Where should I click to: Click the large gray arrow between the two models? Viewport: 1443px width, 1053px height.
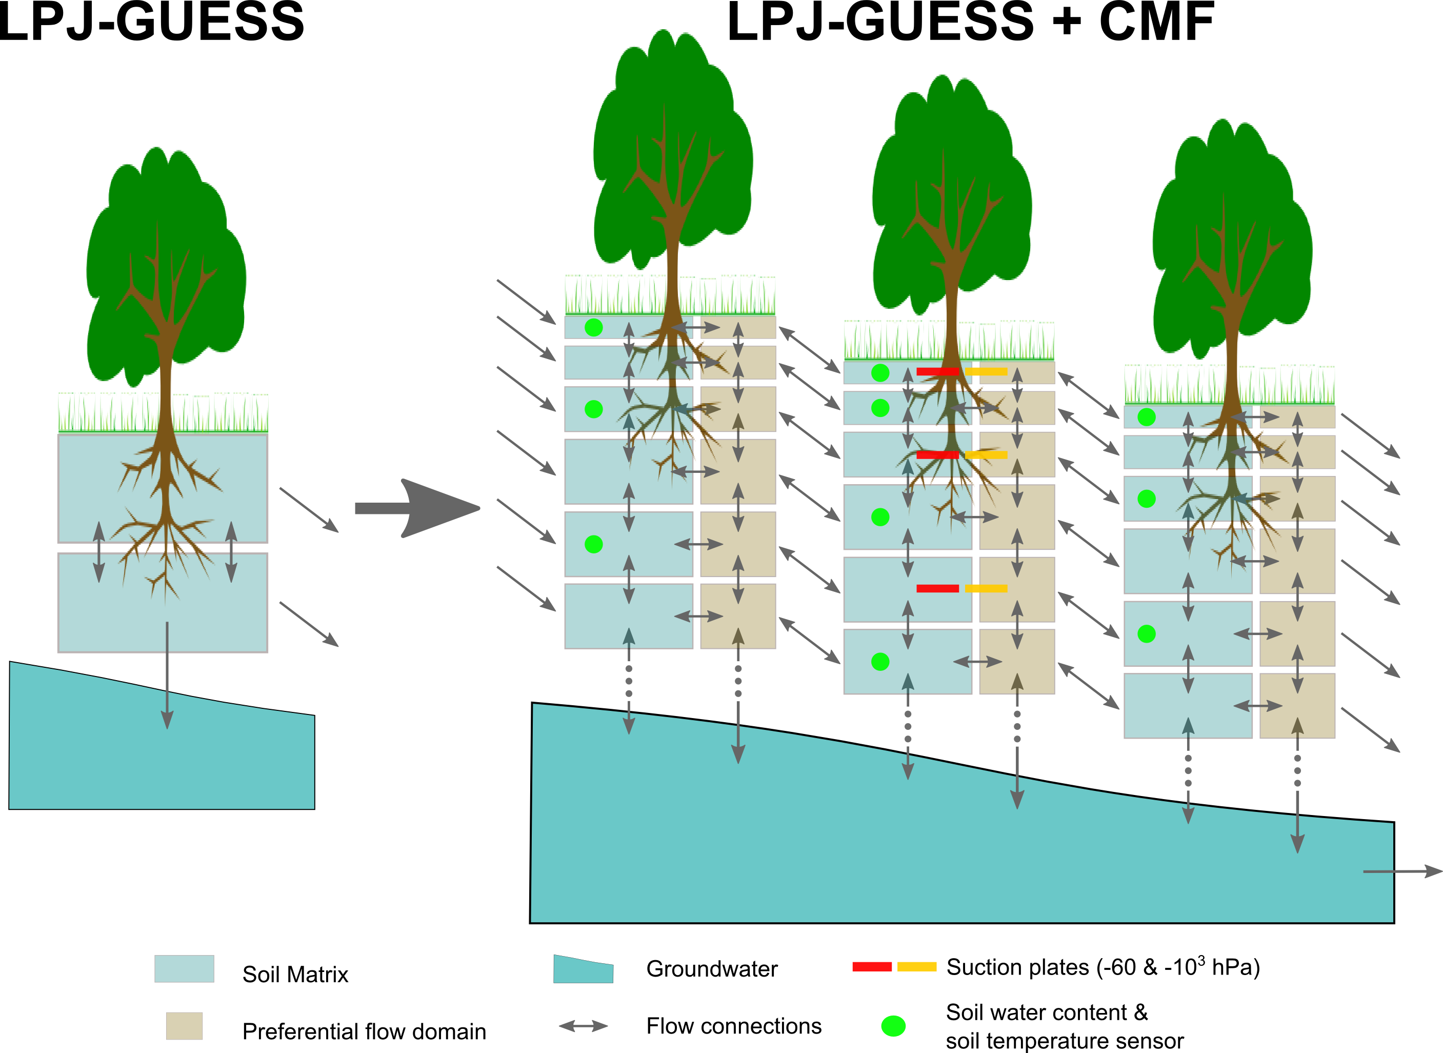click(x=427, y=508)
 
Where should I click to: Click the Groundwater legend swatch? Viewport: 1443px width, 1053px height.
click(x=583, y=969)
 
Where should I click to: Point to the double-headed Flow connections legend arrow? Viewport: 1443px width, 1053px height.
click(x=583, y=1026)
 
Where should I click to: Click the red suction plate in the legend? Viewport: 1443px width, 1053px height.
click(x=872, y=966)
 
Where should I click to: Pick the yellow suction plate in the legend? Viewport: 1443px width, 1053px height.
click(x=917, y=966)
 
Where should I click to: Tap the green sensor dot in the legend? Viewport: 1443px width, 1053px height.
click(x=893, y=1026)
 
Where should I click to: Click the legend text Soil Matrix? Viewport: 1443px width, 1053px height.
click(x=295, y=974)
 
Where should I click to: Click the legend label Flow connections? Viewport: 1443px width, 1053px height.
click(x=733, y=1026)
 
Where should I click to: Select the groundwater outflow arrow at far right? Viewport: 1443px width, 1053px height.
click(x=1401, y=871)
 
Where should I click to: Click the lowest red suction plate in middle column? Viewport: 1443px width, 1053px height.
click(x=937, y=588)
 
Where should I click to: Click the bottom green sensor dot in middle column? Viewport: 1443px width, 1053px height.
click(x=880, y=662)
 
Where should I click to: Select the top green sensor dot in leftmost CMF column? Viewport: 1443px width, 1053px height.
click(x=593, y=328)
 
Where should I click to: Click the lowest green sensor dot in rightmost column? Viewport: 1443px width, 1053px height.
click(x=1146, y=633)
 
